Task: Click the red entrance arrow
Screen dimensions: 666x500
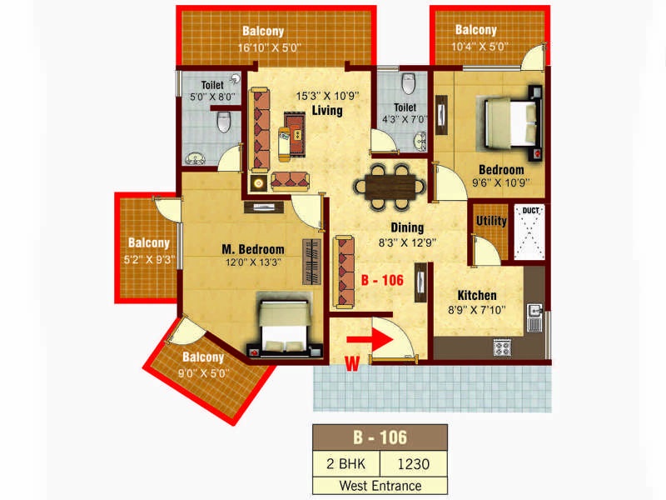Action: pyautogui.click(x=370, y=340)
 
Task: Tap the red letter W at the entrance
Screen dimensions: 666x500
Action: pyautogui.click(x=352, y=363)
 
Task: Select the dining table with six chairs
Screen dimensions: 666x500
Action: pyautogui.click(x=390, y=187)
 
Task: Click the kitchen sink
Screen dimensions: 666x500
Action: pyautogui.click(x=534, y=317)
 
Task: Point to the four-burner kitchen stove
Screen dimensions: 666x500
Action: pyautogui.click(x=502, y=347)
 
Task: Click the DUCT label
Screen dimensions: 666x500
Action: pyautogui.click(x=530, y=211)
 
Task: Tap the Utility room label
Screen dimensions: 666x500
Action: pyautogui.click(x=491, y=221)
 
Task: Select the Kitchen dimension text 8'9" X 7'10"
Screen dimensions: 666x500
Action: pyautogui.click(x=476, y=310)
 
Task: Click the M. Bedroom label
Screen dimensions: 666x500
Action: pyautogui.click(x=253, y=249)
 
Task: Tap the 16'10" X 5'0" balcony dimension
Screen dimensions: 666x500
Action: pyautogui.click(x=269, y=47)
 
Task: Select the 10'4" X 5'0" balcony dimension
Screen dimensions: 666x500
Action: pyautogui.click(x=480, y=47)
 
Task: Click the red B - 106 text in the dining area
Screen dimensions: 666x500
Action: pyautogui.click(x=382, y=280)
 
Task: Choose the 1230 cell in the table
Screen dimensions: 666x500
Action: pyautogui.click(x=413, y=464)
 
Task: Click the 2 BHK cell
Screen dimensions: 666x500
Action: pyautogui.click(x=346, y=464)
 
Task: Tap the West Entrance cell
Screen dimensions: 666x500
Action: pyautogui.click(x=380, y=486)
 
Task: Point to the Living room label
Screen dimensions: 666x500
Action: pyautogui.click(x=327, y=111)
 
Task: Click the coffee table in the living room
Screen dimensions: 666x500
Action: pyautogui.click(x=295, y=132)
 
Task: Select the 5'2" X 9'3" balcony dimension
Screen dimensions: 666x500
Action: pyautogui.click(x=149, y=259)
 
